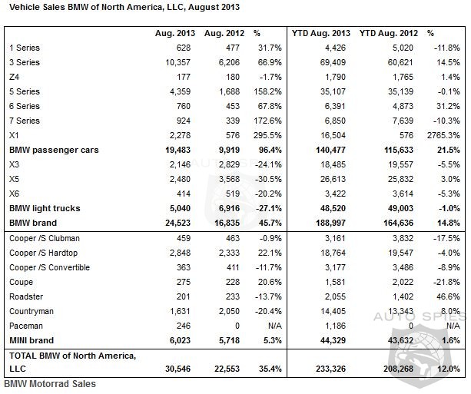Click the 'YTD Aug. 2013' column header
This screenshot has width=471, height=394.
pyautogui.click(x=321, y=33)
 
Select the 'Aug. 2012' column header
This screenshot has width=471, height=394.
pyautogui.click(x=224, y=33)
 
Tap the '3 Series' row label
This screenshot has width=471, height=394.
pyautogui.click(x=25, y=62)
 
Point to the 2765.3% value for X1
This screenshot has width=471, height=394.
pyautogui.click(x=443, y=135)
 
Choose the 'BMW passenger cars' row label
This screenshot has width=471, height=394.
pyautogui.click(x=54, y=150)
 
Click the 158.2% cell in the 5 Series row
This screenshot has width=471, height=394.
pyautogui.click(x=267, y=91)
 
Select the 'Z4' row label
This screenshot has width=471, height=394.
pyautogui.click(x=14, y=77)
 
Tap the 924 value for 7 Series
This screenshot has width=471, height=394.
pyautogui.click(x=183, y=121)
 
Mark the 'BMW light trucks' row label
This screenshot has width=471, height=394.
pyautogui.click(x=45, y=208)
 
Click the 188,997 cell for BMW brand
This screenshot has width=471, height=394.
pyautogui.click(x=330, y=223)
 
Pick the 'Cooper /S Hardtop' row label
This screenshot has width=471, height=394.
pyautogui.click(x=43, y=253)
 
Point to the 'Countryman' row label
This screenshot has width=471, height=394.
pyautogui.click(x=32, y=311)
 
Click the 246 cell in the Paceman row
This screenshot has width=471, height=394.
pyautogui.click(x=183, y=326)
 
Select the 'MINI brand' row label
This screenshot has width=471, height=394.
pyautogui.click(x=32, y=340)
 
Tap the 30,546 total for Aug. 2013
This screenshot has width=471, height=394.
pyautogui.click(x=177, y=369)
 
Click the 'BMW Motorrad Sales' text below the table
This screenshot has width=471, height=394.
pyautogui.click(x=50, y=384)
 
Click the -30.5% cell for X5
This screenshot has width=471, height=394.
pyautogui.click(x=268, y=179)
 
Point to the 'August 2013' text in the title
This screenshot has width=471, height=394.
pyautogui.click(x=214, y=7)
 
